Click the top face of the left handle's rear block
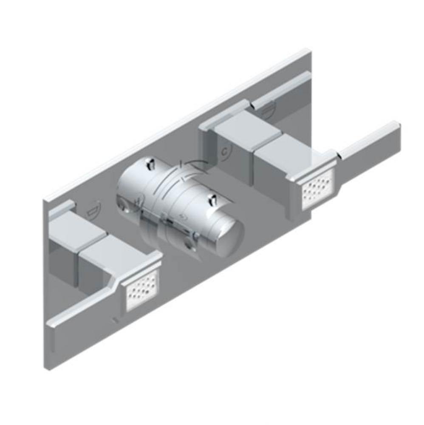[76, 229]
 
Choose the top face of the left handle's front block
[113, 251]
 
